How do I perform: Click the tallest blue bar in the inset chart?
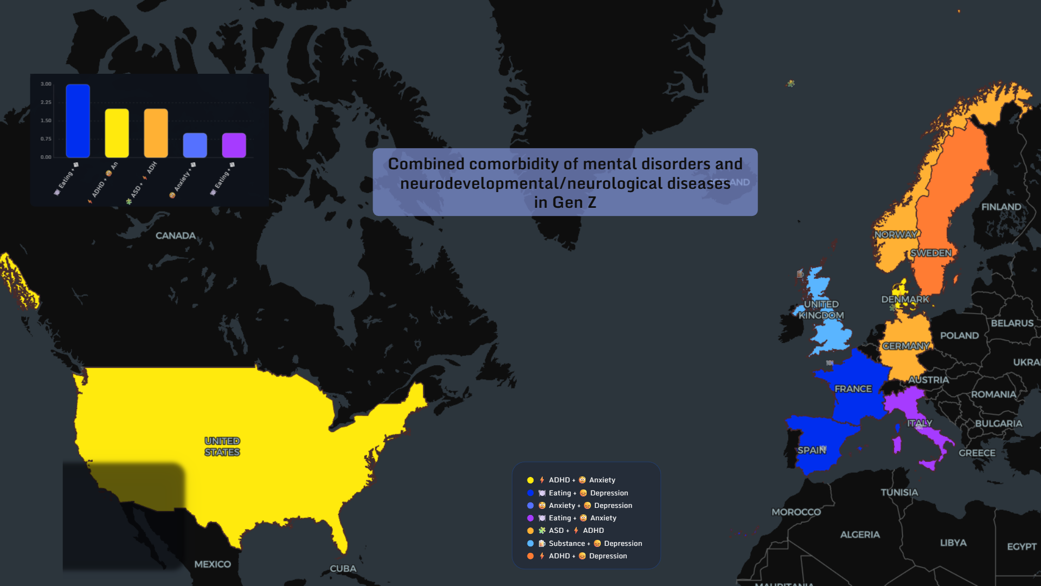pos(78,121)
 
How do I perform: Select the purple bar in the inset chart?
pos(234,145)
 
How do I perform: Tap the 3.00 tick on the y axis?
pos(46,84)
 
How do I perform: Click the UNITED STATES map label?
pos(222,447)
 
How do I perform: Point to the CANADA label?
pos(175,235)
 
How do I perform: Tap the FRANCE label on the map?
pos(853,389)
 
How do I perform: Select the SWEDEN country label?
pos(930,253)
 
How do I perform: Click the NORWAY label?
pos(896,234)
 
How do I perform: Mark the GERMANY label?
pos(905,346)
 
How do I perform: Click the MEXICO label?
pos(213,564)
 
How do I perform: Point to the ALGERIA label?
pos(860,534)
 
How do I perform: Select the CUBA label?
pos(343,569)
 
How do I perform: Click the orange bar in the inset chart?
pos(156,133)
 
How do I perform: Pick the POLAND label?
pos(959,335)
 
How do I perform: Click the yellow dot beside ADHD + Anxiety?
pos(530,480)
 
